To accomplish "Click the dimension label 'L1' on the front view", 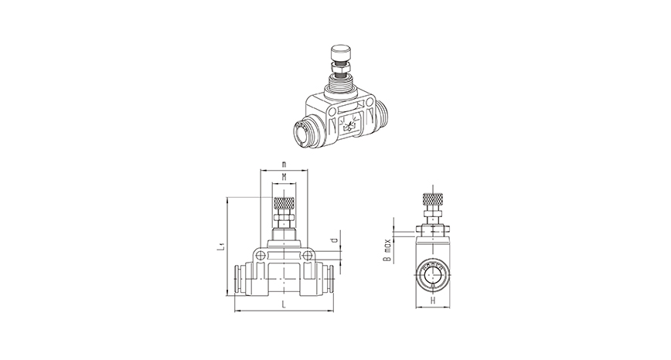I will click(x=221, y=247).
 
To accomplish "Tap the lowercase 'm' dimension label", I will click(x=284, y=165).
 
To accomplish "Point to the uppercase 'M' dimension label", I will click(x=284, y=178).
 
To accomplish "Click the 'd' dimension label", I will click(x=332, y=241).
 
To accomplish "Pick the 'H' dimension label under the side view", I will click(x=434, y=301).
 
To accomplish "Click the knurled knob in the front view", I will click(x=284, y=206).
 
